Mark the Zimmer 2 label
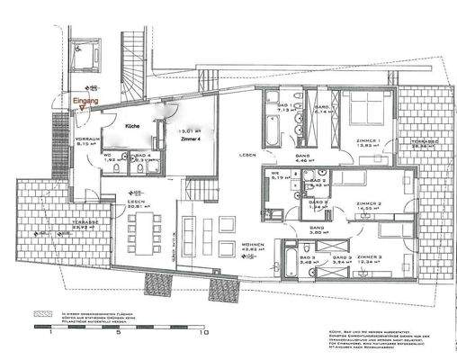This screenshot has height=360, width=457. pyautogui.click(x=369, y=205)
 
